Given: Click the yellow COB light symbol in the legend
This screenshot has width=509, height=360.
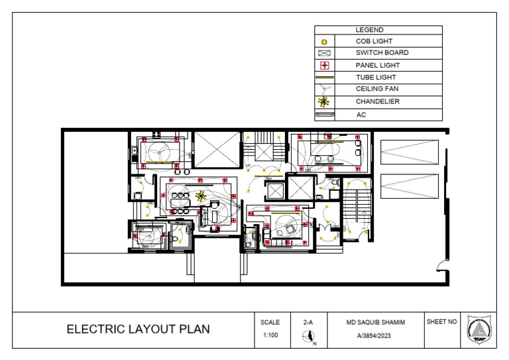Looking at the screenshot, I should pyautogui.click(x=324, y=42).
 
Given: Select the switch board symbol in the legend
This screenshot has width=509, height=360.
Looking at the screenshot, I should pyautogui.click(x=324, y=53).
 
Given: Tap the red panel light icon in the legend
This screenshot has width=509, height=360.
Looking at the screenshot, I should pyautogui.click(x=324, y=66).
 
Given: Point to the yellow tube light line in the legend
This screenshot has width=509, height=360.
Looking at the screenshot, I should pyautogui.click(x=324, y=78).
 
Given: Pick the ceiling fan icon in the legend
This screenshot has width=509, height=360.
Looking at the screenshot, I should pyautogui.click(x=324, y=89).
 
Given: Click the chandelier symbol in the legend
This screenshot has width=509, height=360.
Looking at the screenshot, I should pyautogui.click(x=324, y=102).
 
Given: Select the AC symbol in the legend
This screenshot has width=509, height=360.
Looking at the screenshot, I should pyautogui.click(x=324, y=115).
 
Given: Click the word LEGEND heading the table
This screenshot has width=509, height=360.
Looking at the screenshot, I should pyautogui.click(x=369, y=30).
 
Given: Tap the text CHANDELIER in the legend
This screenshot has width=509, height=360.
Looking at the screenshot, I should pyautogui.click(x=377, y=102).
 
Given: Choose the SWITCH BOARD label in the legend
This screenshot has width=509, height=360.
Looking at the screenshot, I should pyautogui.click(x=382, y=53).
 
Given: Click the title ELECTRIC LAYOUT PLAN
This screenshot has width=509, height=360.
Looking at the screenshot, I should pyautogui.click(x=138, y=330).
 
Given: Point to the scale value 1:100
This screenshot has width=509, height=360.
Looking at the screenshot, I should pyautogui.click(x=270, y=335).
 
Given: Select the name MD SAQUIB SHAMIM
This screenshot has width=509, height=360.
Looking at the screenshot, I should pyautogui.click(x=375, y=322).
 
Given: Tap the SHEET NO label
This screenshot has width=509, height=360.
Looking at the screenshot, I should pyautogui.click(x=441, y=322).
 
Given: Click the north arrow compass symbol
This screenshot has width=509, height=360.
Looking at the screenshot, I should pyautogui.click(x=308, y=338).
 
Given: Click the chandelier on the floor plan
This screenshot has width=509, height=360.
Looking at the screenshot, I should pyautogui.click(x=201, y=196).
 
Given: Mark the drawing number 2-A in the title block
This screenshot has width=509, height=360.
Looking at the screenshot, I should pyautogui.click(x=308, y=322).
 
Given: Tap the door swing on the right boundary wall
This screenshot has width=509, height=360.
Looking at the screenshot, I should pyautogui.click(x=440, y=267).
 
